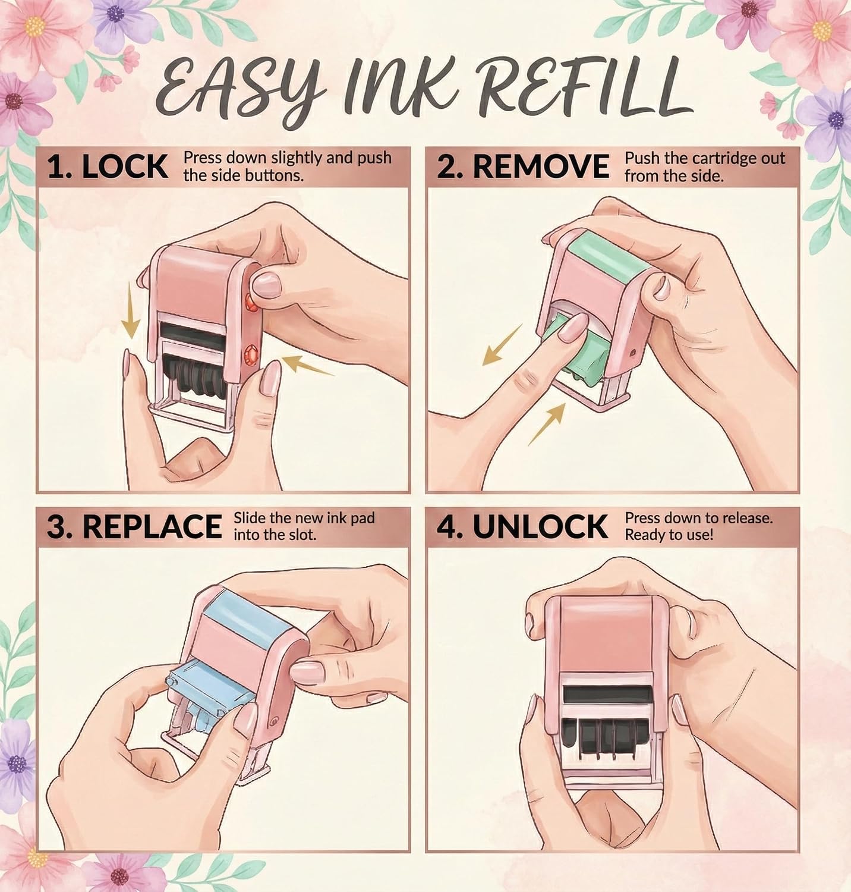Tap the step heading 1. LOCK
point(108,167)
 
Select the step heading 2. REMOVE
point(523,167)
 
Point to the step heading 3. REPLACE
point(134,526)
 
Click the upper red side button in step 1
point(250,304)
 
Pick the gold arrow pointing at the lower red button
point(308,365)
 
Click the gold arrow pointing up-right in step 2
point(546,423)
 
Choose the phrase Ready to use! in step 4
point(669,535)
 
